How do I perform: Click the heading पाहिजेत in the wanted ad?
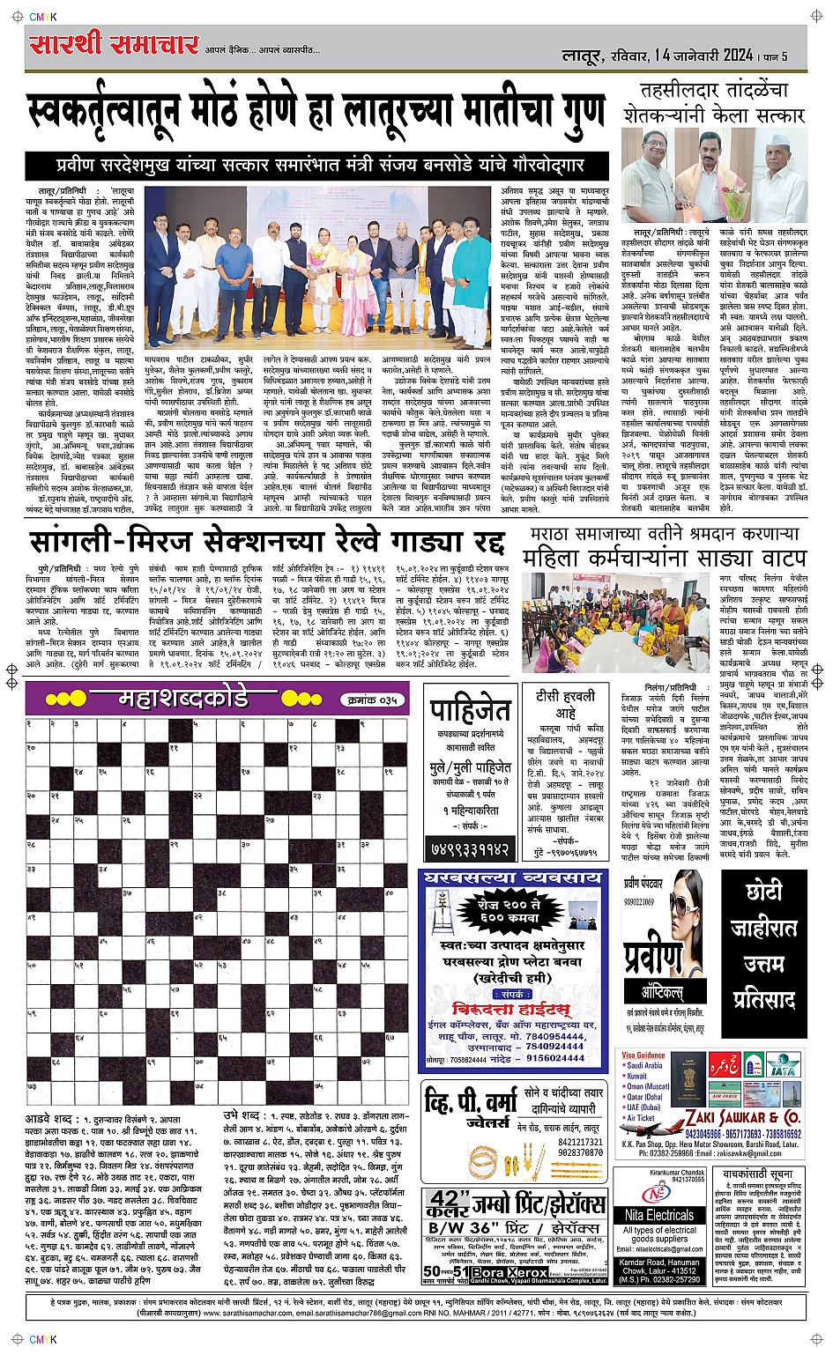pos(470,710)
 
